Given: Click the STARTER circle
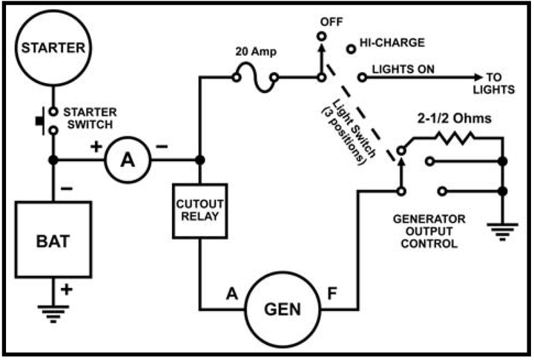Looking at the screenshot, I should (53, 49).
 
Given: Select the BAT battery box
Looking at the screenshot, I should (53, 240).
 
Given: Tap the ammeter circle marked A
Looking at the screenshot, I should (127, 160).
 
